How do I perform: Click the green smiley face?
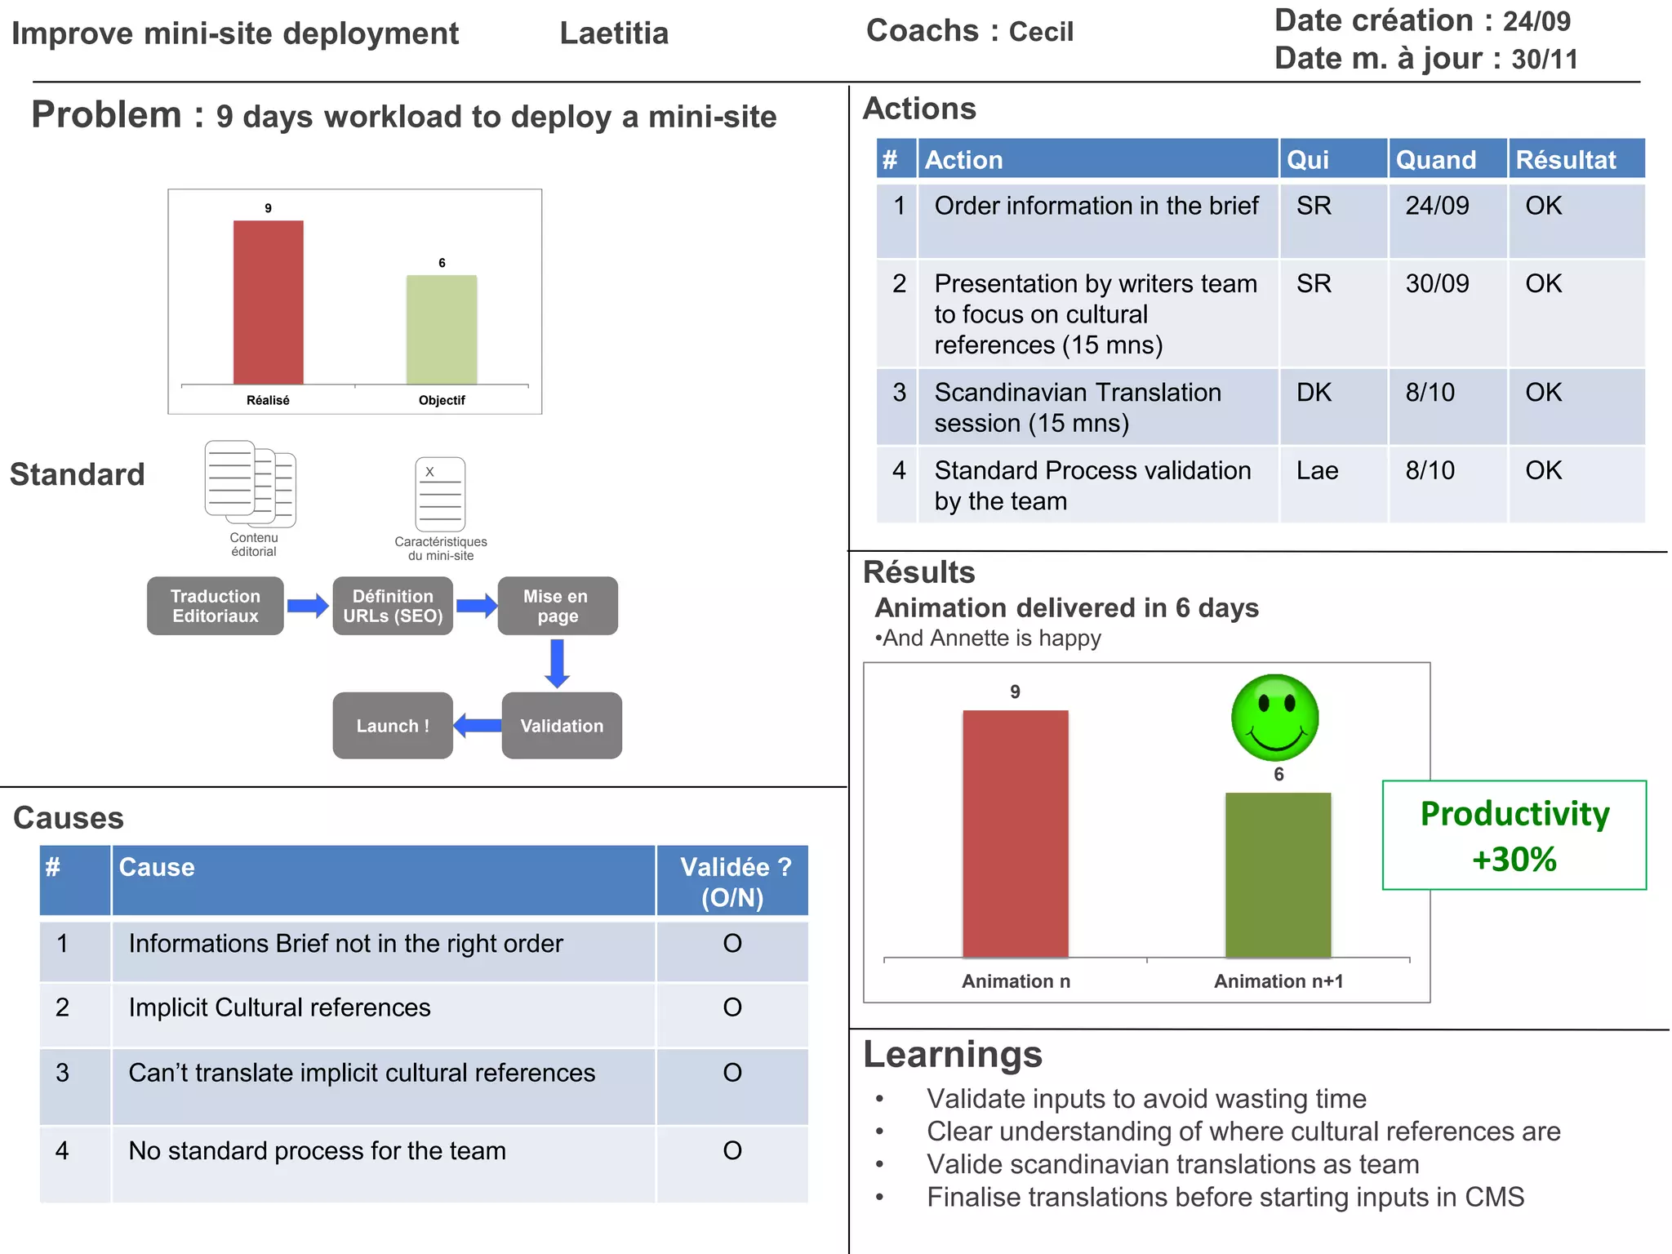(x=1274, y=718)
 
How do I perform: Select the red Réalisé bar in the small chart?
(x=268, y=302)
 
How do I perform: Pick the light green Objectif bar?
(x=442, y=329)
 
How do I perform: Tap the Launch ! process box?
(x=393, y=725)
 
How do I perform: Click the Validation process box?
(x=562, y=725)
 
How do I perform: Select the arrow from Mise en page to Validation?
(x=558, y=663)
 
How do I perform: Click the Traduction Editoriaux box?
(x=216, y=606)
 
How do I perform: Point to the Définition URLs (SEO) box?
(x=393, y=606)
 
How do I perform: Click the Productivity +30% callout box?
(x=1514, y=835)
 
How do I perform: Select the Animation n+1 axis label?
(x=1278, y=981)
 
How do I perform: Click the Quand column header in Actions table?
(x=1436, y=159)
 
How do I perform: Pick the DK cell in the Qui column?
(x=1314, y=393)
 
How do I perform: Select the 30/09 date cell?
(x=1437, y=283)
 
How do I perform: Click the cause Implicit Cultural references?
(x=280, y=1007)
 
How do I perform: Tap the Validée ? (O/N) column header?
(x=733, y=882)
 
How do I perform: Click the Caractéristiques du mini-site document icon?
(x=441, y=495)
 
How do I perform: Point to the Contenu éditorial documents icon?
(x=251, y=483)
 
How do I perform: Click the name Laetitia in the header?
(x=614, y=33)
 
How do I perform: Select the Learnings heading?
(x=953, y=1054)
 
